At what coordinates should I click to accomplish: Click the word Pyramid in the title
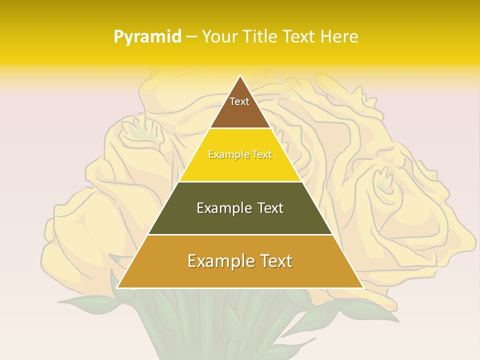click(147, 37)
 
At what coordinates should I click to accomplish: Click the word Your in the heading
click(219, 36)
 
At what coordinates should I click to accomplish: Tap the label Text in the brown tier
click(239, 101)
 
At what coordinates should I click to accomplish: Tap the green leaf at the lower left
click(85, 302)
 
